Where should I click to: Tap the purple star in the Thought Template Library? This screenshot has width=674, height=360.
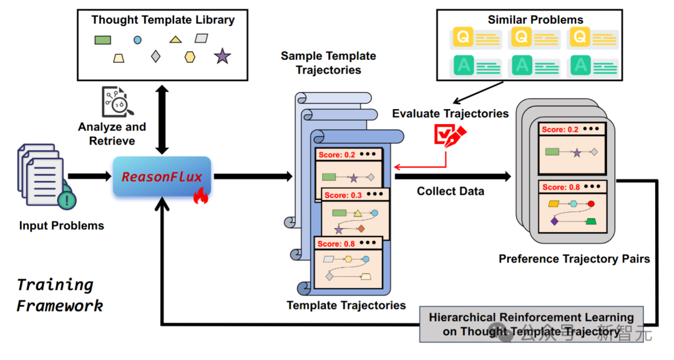click(222, 57)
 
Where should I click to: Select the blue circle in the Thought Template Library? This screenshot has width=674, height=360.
click(137, 40)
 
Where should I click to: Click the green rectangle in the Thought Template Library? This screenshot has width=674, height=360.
click(103, 40)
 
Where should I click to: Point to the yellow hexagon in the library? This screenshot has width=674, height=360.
click(190, 57)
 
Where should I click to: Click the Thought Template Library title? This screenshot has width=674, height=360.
click(163, 20)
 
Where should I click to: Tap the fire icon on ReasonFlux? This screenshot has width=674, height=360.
click(200, 197)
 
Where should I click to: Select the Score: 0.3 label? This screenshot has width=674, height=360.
click(343, 195)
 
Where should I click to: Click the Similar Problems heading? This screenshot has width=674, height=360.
click(535, 20)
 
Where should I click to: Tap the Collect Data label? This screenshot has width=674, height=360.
click(451, 192)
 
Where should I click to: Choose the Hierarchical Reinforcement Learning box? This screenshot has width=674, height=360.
click(531, 324)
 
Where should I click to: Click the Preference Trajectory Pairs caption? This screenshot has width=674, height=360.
click(574, 258)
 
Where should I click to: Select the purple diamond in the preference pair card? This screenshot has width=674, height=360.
click(554, 221)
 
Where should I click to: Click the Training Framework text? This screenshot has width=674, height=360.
click(60, 295)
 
